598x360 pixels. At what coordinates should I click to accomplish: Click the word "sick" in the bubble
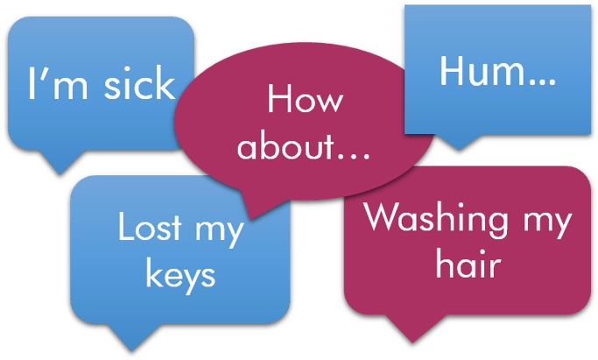(139, 82)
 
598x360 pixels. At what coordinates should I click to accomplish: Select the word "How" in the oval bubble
(305, 98)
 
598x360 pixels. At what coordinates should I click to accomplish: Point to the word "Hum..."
(497, 71)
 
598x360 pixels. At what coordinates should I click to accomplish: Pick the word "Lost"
(150, 226)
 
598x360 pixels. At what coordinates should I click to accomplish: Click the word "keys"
(180, 274)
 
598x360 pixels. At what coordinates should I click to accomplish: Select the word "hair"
(468, 263)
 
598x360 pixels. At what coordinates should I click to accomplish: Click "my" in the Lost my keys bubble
(219, 231)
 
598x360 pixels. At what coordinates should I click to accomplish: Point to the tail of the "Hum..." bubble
(459, 142)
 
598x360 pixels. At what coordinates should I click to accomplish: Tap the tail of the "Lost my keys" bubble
(131, 336)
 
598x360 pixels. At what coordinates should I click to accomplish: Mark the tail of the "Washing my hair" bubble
(412, 328)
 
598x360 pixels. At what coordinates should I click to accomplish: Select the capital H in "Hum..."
(452, 71)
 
